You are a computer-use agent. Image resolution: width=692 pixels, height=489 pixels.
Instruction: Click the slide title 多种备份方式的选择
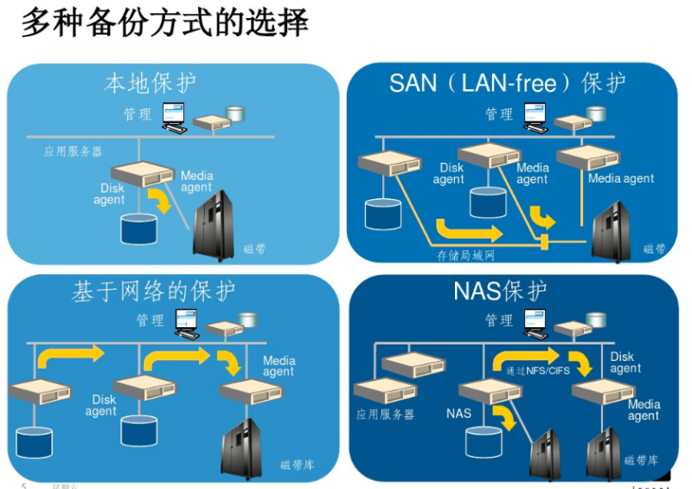click(x=164, y=23)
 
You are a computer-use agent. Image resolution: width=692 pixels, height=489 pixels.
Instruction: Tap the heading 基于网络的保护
click(x=153, y=292)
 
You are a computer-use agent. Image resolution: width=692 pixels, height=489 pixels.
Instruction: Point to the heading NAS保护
click(x=499, y=292)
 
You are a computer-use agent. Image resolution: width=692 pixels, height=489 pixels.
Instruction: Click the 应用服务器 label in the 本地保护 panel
click(x=74, y=151)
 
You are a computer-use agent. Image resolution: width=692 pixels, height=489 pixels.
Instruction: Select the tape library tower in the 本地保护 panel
click(x=213, y=227)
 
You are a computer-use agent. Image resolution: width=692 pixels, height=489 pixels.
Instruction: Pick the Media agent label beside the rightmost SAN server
click(x=621, y=179)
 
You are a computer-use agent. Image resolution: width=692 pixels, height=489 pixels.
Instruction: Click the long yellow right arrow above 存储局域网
click(x=468, y=231)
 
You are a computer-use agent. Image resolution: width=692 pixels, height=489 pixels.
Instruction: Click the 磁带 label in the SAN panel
click(x=655, y=249)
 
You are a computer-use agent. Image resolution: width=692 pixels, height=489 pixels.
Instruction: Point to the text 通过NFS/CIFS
click(x=537, y=370)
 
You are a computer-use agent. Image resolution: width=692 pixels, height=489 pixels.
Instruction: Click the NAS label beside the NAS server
click(x=459, y=413)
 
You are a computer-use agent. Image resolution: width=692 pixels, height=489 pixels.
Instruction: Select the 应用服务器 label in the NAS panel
click(x=385, y=415)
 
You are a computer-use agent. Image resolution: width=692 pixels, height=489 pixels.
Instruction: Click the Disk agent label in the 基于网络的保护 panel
click(x=101, y=405)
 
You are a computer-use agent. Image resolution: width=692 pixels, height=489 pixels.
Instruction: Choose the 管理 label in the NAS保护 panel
click(x=498, y=320)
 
